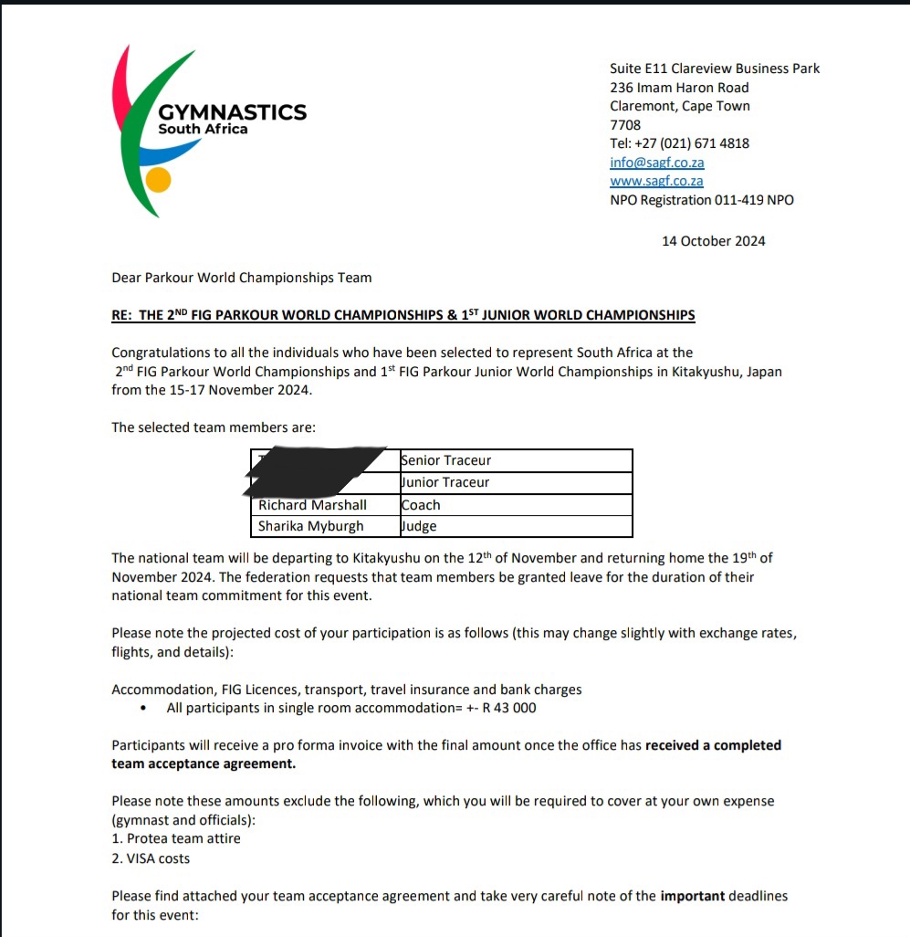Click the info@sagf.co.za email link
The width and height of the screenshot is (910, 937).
click(x=656, y=163)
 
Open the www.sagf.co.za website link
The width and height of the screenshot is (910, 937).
click(x=656, y=181)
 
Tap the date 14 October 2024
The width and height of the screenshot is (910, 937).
click(x=713, y=241)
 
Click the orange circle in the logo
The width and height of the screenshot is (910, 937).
click(x=159, y=180)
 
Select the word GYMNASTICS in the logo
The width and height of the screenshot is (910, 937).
click(x=232, y=112)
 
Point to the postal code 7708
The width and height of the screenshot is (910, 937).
click(x=625, y=125)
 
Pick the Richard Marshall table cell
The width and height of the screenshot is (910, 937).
click(x=312, y=505)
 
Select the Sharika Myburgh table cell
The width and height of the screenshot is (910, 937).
click(x=311, y=526)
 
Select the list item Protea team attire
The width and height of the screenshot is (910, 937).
click(x=183, y=838)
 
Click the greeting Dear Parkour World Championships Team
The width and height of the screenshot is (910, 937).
click(x=241, y=278)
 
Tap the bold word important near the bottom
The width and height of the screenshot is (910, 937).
click(x=692, y=896)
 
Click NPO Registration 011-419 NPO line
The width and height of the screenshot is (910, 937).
click(x=701, y=200)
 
